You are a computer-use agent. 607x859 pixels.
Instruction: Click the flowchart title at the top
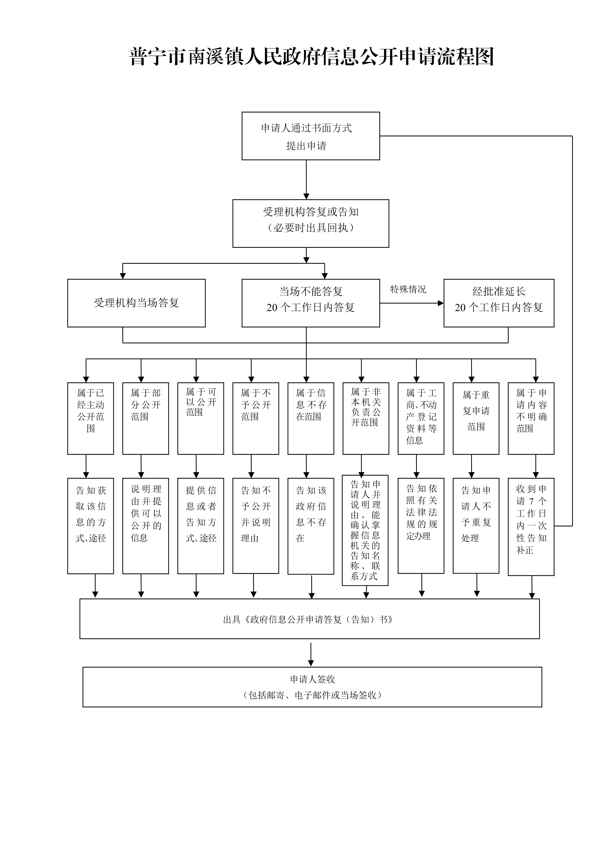[311, 57]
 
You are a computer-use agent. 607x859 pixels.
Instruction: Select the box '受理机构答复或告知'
[311, 223]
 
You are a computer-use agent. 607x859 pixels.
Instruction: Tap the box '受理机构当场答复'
[136, 303]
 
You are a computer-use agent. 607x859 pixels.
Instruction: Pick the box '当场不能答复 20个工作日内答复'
[311, 303]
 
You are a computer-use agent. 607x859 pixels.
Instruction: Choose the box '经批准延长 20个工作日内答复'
[499, 303]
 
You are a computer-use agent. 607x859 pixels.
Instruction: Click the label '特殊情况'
[408, 289]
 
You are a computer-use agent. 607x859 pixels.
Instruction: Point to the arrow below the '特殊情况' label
[411, 303]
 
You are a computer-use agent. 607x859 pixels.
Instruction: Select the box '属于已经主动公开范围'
[91, 418]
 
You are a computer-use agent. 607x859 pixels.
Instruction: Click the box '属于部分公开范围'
[145, 418]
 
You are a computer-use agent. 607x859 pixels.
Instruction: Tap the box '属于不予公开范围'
[256, 418]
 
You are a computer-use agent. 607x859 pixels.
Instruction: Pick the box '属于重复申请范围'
[476, 418]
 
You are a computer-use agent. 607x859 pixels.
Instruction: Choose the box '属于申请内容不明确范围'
[531, 418]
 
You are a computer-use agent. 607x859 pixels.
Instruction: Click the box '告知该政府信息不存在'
[311, 526]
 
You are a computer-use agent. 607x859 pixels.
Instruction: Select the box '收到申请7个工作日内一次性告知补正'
[531, 526]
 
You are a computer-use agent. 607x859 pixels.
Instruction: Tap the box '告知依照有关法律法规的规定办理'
[421, 525]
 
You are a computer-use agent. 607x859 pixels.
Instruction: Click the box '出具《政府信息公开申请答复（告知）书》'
[309, 619]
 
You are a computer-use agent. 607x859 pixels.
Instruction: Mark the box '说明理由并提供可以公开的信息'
[145, 526]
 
